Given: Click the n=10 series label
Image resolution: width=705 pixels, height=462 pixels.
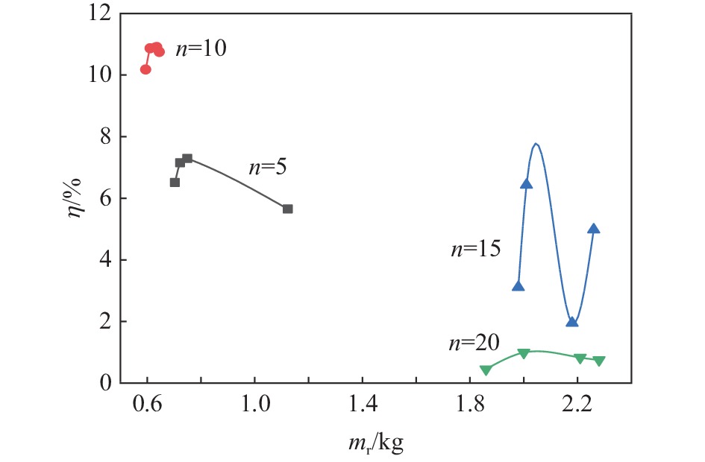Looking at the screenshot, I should point(200,49).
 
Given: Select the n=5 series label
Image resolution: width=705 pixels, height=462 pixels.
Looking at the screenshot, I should point(267,167).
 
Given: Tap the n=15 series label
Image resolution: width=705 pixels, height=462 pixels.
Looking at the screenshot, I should point(475,250).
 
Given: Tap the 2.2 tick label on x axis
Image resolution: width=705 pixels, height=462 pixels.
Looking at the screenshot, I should point(577,408).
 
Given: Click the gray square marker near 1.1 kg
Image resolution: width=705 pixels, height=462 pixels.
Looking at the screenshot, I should point(288,209).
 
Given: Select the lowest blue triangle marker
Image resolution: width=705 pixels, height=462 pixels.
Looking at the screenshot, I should point(572,322).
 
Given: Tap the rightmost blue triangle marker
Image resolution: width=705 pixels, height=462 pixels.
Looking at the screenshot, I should point(594,229).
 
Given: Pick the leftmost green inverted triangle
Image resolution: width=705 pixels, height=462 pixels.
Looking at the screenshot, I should point(486,370).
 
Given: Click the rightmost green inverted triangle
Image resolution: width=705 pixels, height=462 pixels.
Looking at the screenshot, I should point(599,361).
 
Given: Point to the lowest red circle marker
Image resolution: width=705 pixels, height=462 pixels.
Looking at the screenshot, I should point(145,69).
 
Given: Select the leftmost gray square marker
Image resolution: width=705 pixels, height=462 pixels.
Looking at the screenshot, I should point(175,182).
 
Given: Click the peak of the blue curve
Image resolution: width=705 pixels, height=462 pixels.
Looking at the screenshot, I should point(536,143).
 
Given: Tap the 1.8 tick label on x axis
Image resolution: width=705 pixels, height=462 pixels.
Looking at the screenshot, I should point(469,408).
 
